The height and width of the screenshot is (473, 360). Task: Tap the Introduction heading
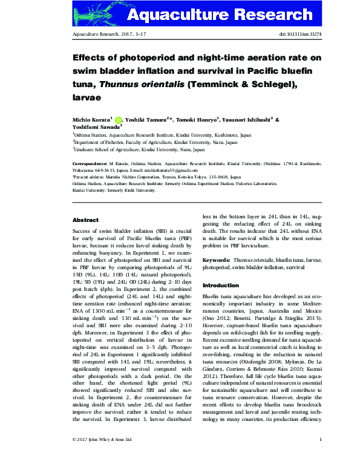point(220,285)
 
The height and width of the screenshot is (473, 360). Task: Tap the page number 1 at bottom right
point(320,455)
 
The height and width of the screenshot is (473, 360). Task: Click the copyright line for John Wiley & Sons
point(102,455)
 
